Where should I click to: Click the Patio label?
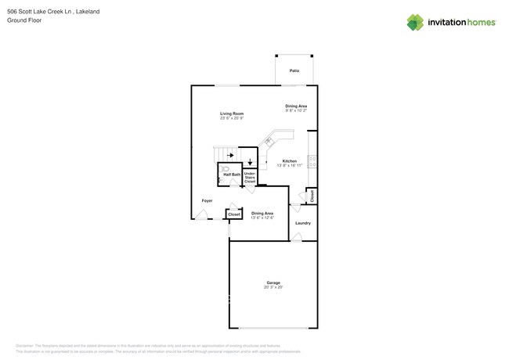pos(294,70)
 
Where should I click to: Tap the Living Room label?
pos(232,113)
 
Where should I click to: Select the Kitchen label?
pos(290,160)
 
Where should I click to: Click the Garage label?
pos(273,283)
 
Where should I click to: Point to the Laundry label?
pos(302,223)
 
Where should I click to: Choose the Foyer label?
pos(207,200)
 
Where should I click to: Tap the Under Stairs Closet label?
pos(250,178)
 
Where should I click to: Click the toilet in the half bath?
pos(225,167)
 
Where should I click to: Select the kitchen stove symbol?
pos(312,161)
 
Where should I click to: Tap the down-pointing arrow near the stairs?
pos(250,163)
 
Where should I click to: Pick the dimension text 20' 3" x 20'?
pos(273,287)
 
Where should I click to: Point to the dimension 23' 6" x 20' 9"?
pos(232,118)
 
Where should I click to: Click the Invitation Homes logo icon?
pos(415,23)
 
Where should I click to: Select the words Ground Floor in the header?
pos(24,20)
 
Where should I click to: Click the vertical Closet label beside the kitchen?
pos(312,196)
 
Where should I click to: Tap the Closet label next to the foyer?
pos(233,214)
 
